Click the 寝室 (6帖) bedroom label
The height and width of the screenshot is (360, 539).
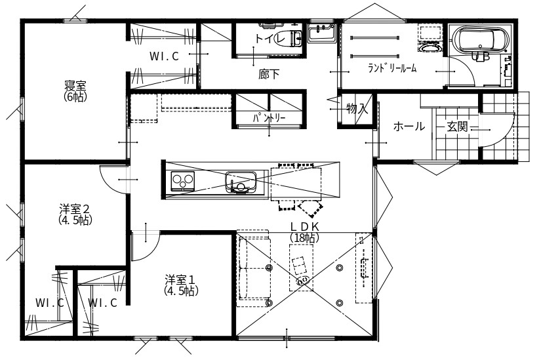[75, 90]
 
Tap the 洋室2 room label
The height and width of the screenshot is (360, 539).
[74, 214]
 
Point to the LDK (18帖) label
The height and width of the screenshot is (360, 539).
[304, 231]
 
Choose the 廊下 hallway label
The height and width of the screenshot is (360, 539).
[268, 74]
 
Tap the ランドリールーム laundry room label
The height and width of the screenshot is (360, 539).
[392, 68]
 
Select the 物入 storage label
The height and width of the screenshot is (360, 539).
[357, 109]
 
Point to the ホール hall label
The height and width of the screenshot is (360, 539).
[409, 127]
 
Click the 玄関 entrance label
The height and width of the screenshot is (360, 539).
[457, 127]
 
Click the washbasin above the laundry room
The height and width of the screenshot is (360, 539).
[321, 31]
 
